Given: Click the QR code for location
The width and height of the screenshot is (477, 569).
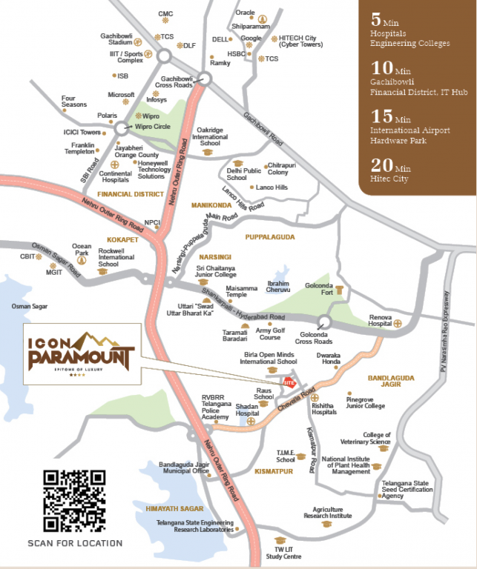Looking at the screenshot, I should pos(74,501).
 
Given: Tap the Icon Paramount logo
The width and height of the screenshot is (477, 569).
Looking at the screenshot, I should pos(81,354).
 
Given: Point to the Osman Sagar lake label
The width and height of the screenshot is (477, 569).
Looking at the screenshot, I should pos(30,305).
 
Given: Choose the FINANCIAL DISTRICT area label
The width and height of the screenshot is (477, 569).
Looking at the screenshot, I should pos(129,193).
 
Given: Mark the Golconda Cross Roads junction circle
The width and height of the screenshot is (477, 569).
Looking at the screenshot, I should pos(322,321).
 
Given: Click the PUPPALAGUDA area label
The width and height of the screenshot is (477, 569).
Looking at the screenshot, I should pos(269,237).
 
